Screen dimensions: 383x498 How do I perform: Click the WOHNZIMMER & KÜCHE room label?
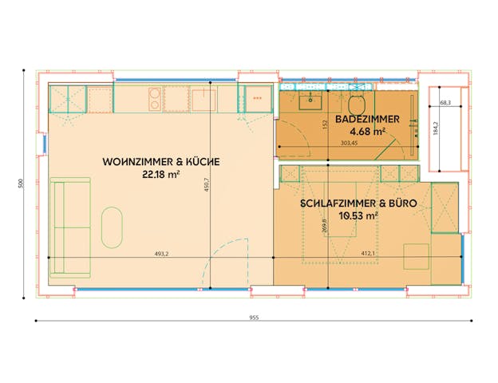(161, 162)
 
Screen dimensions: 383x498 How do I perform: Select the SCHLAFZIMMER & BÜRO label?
(358, 203)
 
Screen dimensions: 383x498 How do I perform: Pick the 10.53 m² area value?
(358, 215)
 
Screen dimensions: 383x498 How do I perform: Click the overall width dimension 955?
(253, 317)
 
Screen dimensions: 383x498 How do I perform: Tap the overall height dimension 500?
(22, 184)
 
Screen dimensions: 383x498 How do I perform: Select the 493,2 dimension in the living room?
(161, 254)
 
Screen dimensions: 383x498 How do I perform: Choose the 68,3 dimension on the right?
(445, 103)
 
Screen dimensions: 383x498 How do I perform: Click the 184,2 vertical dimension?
(435, 129)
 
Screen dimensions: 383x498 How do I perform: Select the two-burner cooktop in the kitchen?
(153, 99)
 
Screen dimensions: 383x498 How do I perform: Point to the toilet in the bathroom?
(357, 104)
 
